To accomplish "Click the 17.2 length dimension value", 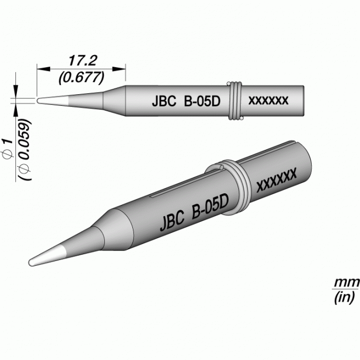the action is (83, 60).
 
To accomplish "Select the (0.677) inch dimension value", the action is (82, 78).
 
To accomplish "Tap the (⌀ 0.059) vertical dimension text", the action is (25, 150).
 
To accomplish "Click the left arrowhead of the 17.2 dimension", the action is (43, 69).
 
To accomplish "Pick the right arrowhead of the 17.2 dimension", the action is (119, 69).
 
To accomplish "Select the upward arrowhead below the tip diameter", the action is (15, 110).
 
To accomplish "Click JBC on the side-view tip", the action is (164, 101).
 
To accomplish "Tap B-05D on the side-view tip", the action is (202, 101).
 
